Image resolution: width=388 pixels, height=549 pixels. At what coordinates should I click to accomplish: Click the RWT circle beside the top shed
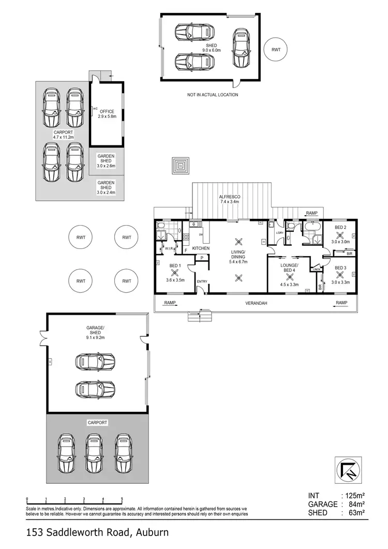[x=276, y=49]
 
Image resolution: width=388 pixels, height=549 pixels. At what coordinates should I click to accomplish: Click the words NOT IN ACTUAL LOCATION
[x=213, y=95]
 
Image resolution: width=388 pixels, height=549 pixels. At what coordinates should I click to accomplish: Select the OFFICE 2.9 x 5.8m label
[x=107, y=114]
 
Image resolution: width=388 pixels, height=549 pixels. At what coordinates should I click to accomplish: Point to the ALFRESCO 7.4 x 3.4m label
[x=229, y=199]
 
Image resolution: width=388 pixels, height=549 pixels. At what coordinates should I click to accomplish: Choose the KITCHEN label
[x=201, y=249]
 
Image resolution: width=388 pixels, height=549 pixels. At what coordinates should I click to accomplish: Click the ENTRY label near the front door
[x=201, y=281]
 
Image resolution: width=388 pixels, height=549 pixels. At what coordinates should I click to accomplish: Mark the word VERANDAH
[x=256, y=303]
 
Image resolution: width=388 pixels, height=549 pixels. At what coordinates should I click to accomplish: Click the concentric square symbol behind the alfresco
[x=181, y=166]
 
